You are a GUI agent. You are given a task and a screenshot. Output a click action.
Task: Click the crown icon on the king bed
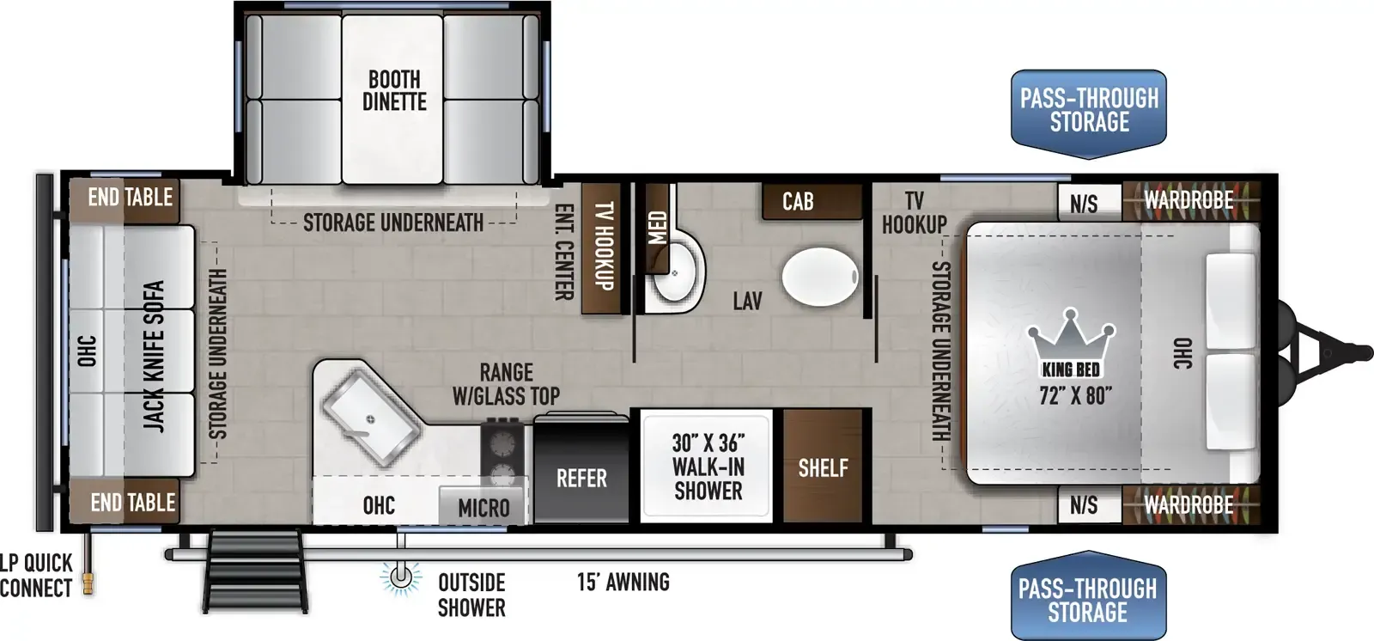[1071, 337]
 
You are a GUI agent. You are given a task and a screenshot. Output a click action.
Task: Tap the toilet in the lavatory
[820, 277]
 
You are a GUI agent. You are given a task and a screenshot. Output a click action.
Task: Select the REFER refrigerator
[581, 468]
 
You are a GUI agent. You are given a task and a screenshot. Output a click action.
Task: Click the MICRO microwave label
[483, 508]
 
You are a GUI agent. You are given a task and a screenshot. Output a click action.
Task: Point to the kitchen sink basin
[371, 419]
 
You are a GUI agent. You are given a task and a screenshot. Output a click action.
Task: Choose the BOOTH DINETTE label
[394, 90]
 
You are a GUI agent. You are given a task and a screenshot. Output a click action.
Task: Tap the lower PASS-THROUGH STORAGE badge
[1088, 595]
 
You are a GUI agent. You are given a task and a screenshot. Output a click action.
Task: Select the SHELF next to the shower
[824, 466]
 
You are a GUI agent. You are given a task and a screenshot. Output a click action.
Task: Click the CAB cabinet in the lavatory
[812, 201]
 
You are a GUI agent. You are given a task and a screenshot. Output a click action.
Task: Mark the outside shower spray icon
[401, 577]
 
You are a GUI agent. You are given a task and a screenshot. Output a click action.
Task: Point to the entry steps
[254, 571]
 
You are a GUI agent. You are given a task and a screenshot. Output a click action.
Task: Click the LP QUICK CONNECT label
[36, 576]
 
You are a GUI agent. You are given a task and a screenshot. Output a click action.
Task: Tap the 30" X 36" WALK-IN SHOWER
[708, 466]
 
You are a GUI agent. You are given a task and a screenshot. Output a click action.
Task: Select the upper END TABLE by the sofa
[124, 200]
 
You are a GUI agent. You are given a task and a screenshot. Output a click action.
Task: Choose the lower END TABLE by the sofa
[124, 502]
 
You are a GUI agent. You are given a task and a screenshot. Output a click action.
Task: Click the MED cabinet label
[657, 228]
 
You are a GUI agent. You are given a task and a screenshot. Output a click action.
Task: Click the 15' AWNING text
[623, 582]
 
